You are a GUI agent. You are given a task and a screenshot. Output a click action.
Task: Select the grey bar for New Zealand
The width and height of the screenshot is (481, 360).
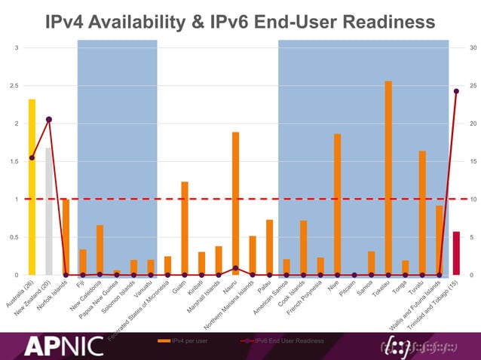click(x=49, y=211)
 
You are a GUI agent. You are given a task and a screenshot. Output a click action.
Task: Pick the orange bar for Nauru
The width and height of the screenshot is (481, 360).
click(x=235, y=203)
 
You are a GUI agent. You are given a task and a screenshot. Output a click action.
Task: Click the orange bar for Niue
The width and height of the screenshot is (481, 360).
click(x=337, y=204)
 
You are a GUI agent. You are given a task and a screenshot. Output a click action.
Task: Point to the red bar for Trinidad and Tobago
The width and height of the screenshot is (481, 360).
click(x=455, y=253)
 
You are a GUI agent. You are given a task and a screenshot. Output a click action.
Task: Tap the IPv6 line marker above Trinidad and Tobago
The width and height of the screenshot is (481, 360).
click(x=456, y=91)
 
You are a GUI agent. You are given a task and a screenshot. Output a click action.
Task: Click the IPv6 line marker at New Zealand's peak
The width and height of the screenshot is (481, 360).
click(x=49, y=119)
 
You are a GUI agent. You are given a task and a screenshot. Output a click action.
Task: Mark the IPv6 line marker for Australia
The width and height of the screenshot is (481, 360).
click(x=32, y=157)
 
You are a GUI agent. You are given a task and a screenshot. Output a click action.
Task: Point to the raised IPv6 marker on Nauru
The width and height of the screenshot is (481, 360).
click(x=235, y=268)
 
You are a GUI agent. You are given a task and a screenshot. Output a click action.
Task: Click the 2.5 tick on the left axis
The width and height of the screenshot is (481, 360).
click(x=14, y=86)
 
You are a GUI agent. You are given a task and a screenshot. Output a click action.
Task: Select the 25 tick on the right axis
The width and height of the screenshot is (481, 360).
click(x=473, y=86)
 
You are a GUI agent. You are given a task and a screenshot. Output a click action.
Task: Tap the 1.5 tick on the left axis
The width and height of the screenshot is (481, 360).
click(x=14, y=162)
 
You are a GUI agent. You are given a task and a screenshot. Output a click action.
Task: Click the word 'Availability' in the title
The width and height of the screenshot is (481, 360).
click(x=150, y=23)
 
